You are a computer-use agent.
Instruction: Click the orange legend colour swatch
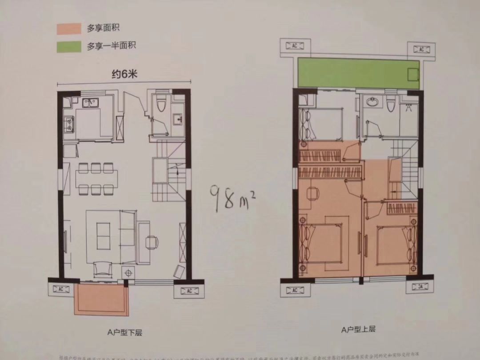pos(68,28)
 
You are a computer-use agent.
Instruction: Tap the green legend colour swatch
pos(68,46)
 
